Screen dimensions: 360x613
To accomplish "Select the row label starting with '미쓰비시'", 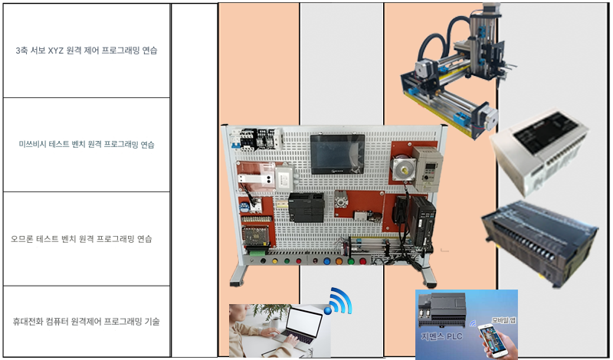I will coord(86,144).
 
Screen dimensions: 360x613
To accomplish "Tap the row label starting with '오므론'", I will coord(86,239).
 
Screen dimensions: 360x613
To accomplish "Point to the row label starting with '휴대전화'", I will coord(86,321).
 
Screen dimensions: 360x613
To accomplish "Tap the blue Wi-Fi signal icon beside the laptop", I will coord(339,301).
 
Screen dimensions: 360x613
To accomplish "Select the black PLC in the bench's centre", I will coord(306,207).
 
